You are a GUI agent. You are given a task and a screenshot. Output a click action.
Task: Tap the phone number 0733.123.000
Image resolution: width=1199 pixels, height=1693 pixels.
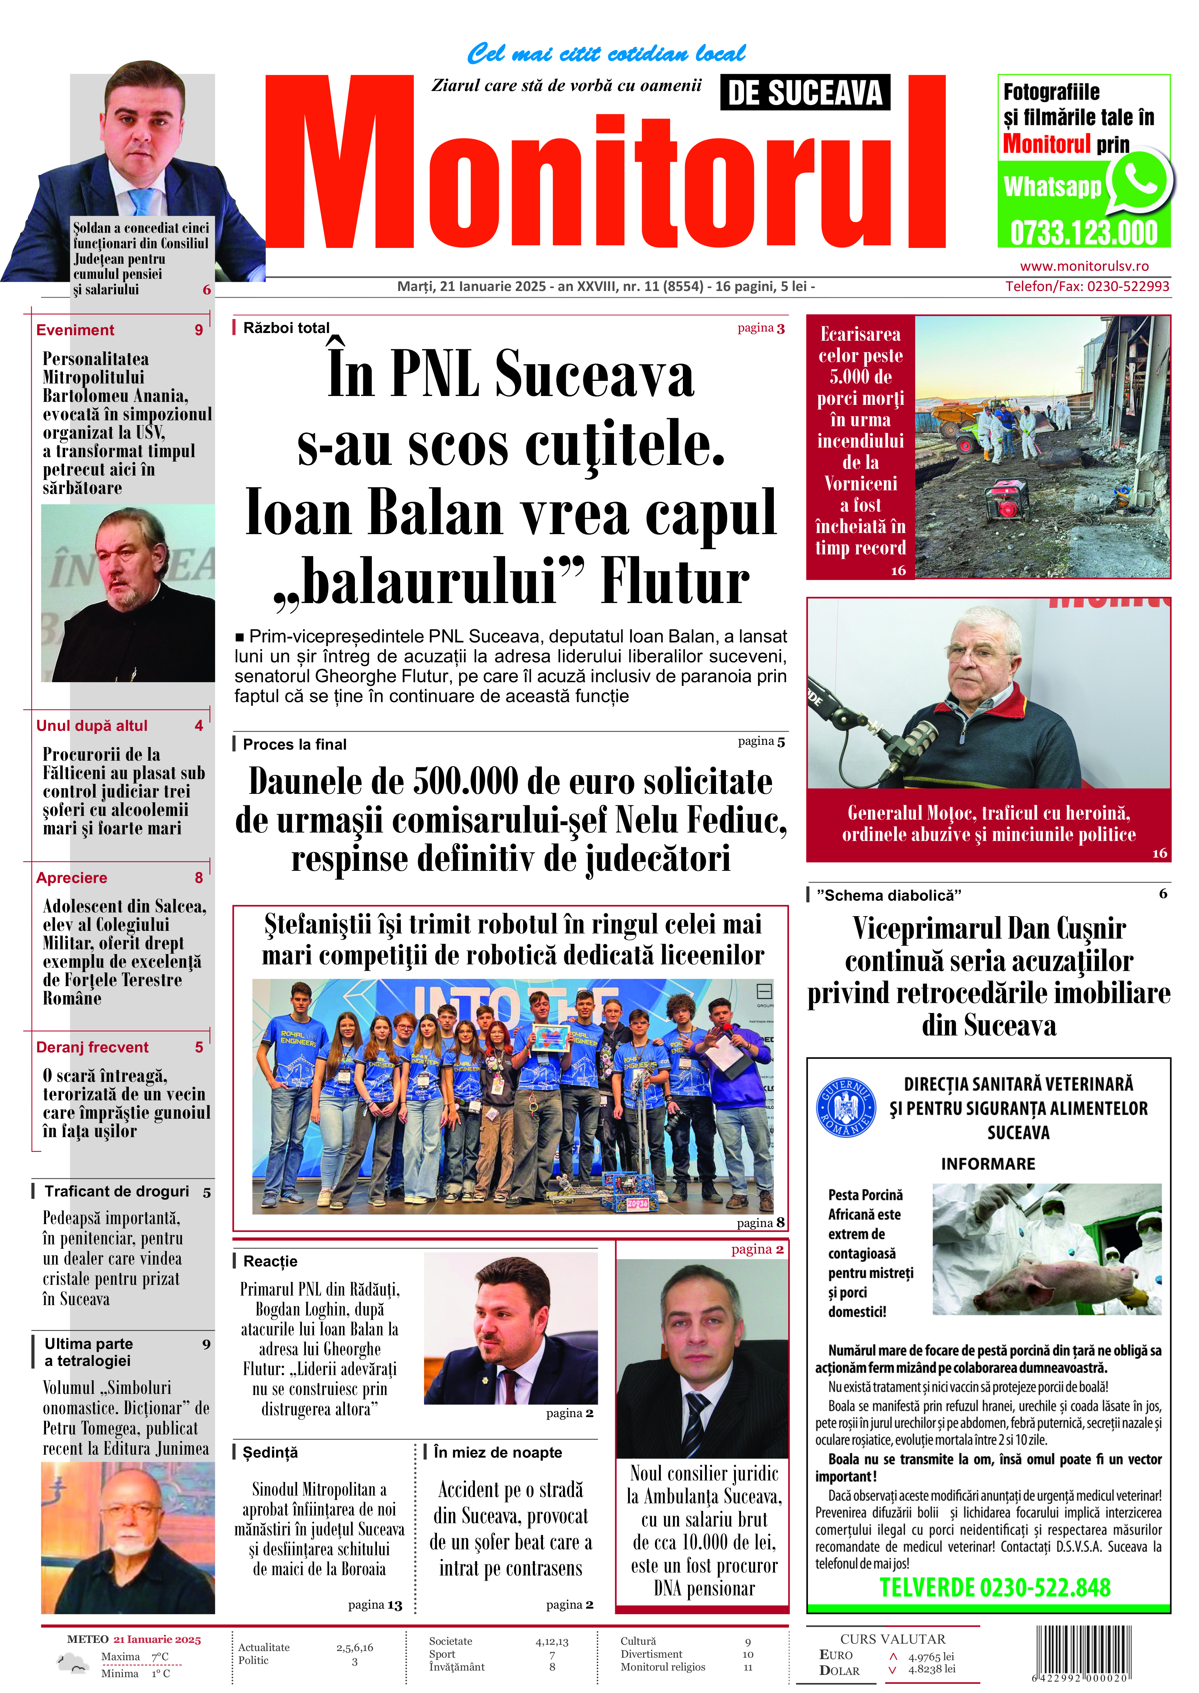[1083, 234]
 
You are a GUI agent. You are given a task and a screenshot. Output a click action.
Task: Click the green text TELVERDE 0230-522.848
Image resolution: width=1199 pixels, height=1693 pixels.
[994, 1587]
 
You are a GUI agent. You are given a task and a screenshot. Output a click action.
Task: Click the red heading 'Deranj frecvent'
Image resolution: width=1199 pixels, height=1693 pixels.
[92, 1047]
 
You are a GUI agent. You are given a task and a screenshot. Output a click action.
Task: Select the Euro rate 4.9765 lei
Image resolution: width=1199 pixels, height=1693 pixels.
[931, 1657]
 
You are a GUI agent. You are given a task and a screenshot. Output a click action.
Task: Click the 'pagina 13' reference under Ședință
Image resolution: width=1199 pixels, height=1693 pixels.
[375, 1605]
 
